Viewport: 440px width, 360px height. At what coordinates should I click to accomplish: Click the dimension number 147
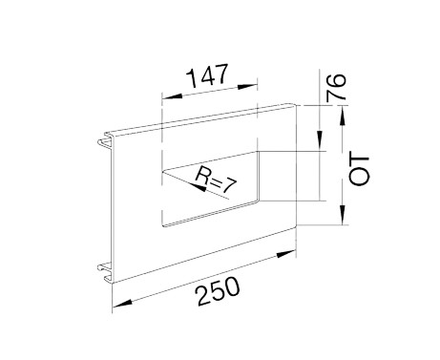click(207, 75)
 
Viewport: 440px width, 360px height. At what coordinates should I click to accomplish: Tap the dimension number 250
click(218, 291)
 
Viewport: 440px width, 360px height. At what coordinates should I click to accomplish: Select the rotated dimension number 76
click(336, 87)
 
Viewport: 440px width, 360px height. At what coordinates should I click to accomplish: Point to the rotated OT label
click(359, 170)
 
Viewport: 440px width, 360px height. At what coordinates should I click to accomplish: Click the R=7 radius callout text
click(217, 180)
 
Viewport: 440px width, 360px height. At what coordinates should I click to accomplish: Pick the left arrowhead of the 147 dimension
click(172, 96)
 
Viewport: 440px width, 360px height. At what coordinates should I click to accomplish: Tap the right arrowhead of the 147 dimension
click(247, 87)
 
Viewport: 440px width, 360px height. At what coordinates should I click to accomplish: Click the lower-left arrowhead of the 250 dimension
click(122, 304)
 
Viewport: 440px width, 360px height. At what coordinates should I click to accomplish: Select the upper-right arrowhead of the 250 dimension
click(286, 254)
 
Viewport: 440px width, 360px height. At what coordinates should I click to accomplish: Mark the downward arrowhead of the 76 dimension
click(319, 140)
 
